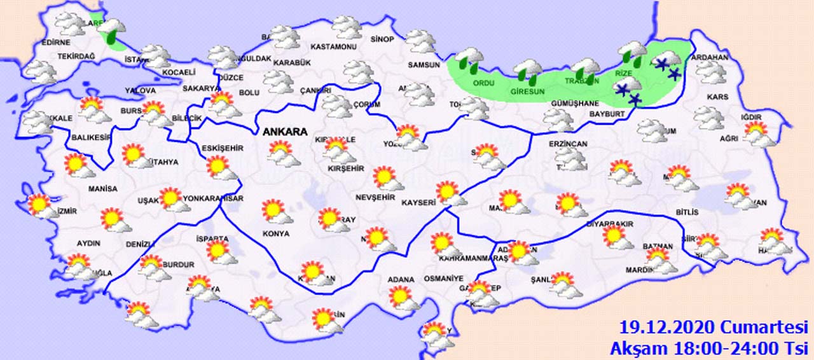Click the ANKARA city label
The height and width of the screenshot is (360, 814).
pyautogui.click(x=285, y=132)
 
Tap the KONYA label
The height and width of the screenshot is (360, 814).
pyautogui.click(x=276, y=233)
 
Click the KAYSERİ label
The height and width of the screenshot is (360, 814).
pyautogui.click(x=418, y=203)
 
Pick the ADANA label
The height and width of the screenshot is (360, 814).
pyautogui.click(x=401, y=279)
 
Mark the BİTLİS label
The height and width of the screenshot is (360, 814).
pyautogui.click(x=687, y=212)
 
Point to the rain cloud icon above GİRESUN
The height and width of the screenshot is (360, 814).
pyautogui.click(x=528, y=71)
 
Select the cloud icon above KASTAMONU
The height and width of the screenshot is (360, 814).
pyautogui.click(x=347, y=27)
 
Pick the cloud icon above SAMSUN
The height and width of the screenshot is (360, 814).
pyautogui.click(x=420, y=41)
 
